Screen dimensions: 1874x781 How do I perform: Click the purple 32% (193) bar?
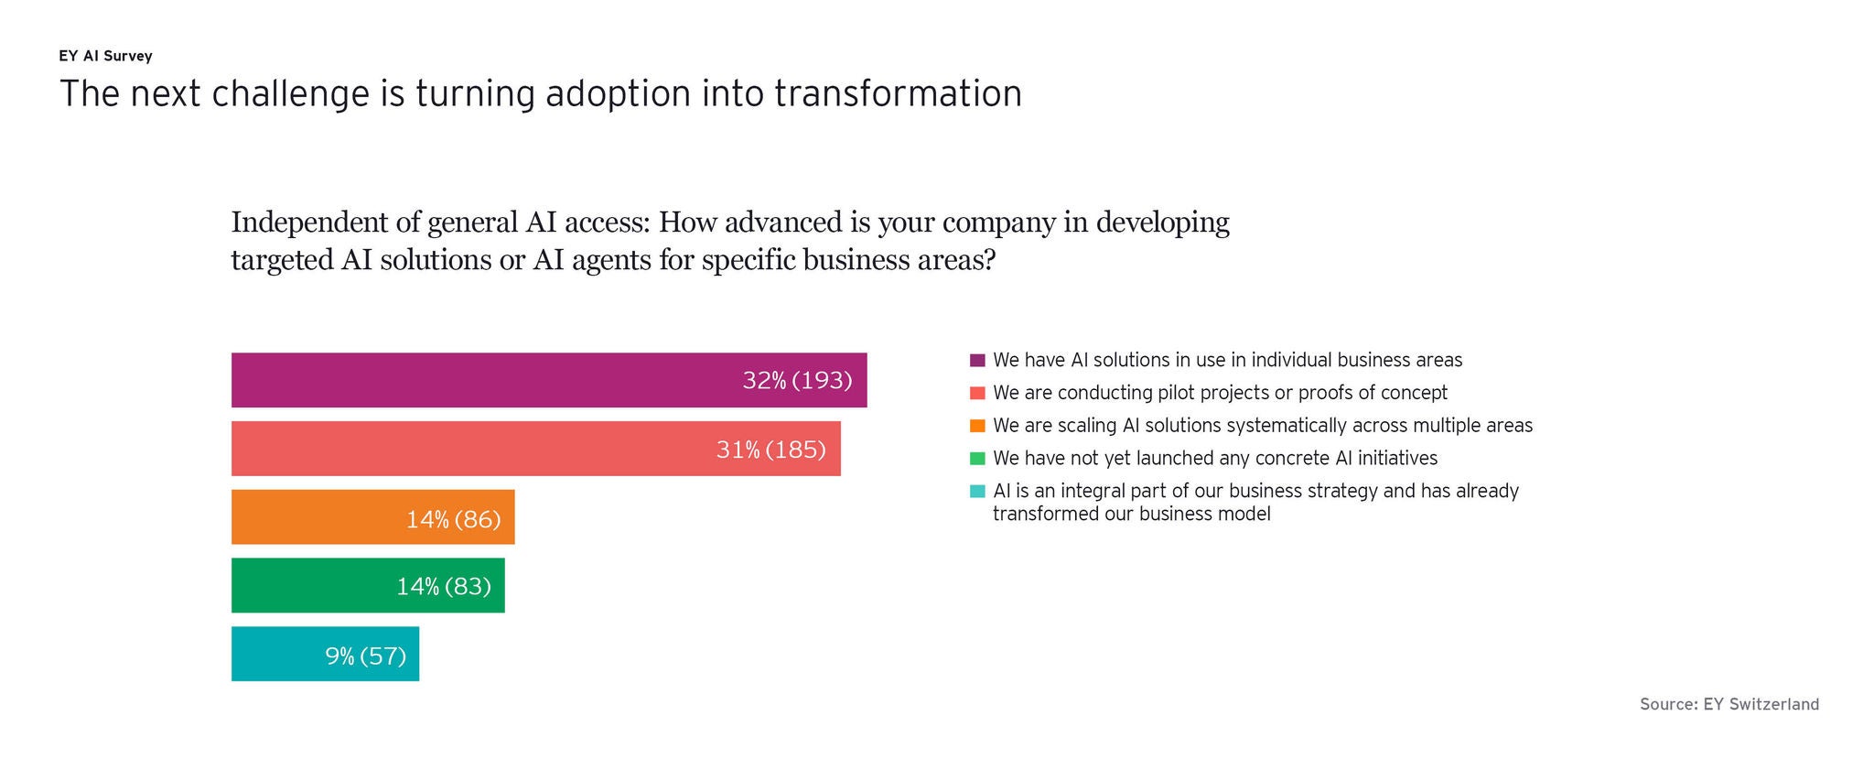click(x=549, y=380)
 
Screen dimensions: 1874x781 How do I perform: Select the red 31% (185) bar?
click(x=536, y=449)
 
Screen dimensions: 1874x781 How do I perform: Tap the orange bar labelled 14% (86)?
click(x=373, y=517)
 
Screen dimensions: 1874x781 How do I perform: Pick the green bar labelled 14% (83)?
click(x=368, y=585)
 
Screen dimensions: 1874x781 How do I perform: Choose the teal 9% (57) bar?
click(x=325, y=654)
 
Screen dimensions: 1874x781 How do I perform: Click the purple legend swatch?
click(x=977, y=361)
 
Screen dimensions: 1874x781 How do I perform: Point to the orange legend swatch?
click(x=977, y=426)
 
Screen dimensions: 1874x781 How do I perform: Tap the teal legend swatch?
click(x=977, y=492)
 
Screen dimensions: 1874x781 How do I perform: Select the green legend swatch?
click(x=977, y=459)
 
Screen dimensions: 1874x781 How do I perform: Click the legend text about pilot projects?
click(x=1221, y=393)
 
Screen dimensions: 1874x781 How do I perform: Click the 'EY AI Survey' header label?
click(x=105, y=56)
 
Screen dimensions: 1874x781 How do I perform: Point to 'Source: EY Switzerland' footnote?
click(x=1729, y=704)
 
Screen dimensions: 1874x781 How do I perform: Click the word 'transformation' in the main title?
click(x=899, y=94)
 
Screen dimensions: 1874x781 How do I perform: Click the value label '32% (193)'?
click(x=797, y=381)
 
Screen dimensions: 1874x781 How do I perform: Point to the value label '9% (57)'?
click(x=366, y=656)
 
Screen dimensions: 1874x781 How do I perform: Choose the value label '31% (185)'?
click(x=771, y=450)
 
